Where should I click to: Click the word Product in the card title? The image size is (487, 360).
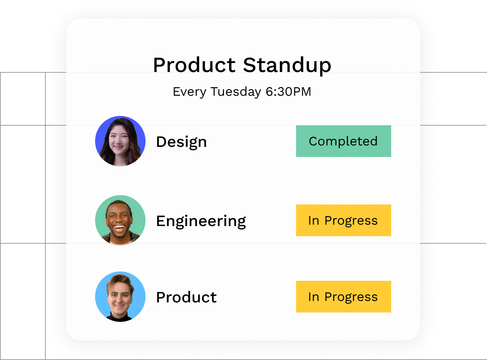click(194, 65)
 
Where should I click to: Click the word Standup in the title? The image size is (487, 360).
click(287, 65)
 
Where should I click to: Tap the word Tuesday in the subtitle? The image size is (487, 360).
click(236, 92)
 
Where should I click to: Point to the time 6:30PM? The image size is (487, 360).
click(288, 92)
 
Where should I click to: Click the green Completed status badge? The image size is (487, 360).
click(343, 141)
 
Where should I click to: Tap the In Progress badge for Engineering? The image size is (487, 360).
click(343, 220)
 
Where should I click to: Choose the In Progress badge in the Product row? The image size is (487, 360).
click(343, 297)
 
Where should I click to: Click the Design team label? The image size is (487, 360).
click(181, 142)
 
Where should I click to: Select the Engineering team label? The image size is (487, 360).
click(201, 221)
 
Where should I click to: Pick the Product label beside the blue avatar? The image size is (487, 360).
click(186, 297)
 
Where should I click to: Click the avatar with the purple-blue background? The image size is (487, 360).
click(120, 141)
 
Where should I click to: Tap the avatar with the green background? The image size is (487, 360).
click(120, 220)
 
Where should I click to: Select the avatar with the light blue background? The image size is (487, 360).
click(120, 297)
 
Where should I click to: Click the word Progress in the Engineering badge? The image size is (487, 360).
click(351, 221)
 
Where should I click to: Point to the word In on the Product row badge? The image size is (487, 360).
click(313, 297)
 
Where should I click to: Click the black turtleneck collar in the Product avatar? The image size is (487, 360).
click(120, 318)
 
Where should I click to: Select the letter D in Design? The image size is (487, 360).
click(161, 142)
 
